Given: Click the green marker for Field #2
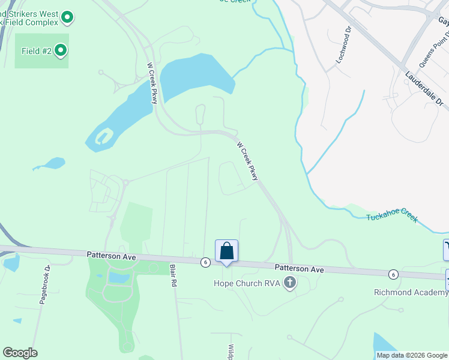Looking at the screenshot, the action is pos(61,50).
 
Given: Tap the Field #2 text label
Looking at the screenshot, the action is pos(37,51).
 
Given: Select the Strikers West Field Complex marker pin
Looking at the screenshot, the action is pos(67,19).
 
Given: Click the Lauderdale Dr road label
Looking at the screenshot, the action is pos(424,90).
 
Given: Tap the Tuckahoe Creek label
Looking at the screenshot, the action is pos(392,217).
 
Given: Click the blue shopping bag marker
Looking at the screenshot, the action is pos(227,250).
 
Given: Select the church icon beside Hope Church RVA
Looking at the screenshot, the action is pos(290,283).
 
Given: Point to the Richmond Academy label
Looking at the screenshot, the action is pos(411,292).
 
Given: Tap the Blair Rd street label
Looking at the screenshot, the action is pos(173,275).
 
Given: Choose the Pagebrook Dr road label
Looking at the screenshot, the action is pos(43,284).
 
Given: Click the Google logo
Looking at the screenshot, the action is pos(20,353).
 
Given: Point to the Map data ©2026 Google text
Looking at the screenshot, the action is pos(411,355).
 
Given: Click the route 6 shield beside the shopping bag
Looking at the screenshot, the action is pos(206,262).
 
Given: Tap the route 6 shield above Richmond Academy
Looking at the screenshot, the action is pos(393,274).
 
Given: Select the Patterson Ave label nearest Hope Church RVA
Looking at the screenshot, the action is pos(300,269).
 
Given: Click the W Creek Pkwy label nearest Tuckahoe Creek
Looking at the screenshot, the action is pos(247,161).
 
